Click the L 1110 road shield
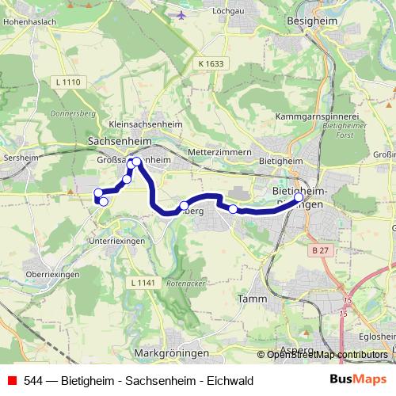70,82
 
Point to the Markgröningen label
171,352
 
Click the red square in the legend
12,380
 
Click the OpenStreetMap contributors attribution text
326,354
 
